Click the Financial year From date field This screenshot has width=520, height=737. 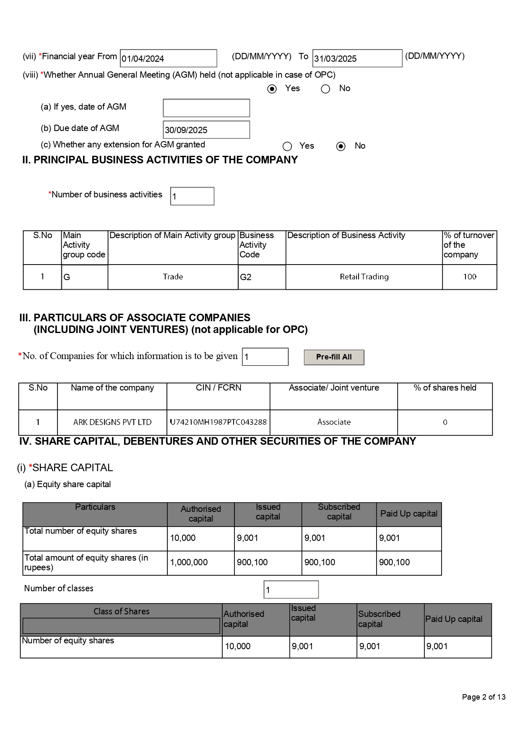pyautogui.click(x=168, y=58)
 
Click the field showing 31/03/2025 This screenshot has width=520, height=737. pyautogui.click(x=357, y=58)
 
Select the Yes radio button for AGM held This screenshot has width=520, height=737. pyautogui.click(x=272, y=89)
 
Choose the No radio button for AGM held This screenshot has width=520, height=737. pyautogui.click(x=325, y=89)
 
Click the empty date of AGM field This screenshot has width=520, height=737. pyautogui.click(x=206, y=108)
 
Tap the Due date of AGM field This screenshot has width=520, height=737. pyautogui.click(x=206, y=130)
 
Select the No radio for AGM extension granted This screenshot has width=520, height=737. pyautogui.click(x=341, y=146)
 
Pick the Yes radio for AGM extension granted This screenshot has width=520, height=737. pyautogui.click(x=287, y=146)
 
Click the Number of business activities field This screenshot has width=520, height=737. pyautogui.click(x=192, y=196)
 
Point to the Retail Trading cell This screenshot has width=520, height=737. pyautogui.click(x=364, y=277)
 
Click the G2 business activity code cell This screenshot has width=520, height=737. pyautogui.click(x=262, y=277)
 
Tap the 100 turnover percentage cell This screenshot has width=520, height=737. pyautogui.click(x=470, y=277)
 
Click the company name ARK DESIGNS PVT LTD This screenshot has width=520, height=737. pyautogui.click(x=112, y=422)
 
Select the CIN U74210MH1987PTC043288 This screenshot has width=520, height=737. pyautogui.click(x=218, y=422)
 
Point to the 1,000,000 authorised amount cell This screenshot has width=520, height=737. pyautogui.click(x=200, y=562)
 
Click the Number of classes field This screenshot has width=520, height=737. pyautogui.click(x=291, y=590)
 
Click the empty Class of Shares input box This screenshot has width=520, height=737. pyautogui.click(x=121, y=626)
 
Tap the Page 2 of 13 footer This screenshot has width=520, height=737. pyautogui.click(x=484, y=697)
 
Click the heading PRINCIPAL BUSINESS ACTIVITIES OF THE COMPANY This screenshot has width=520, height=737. pyautogui.click(x=160, y=160)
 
